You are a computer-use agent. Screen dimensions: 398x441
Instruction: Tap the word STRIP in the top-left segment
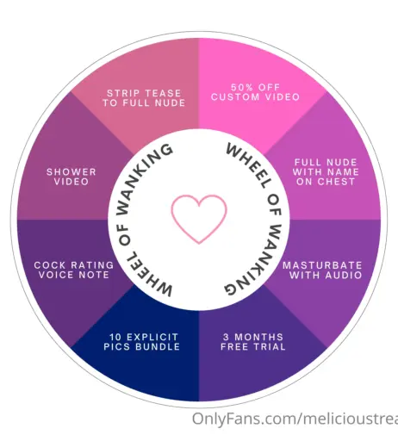click(119, 93)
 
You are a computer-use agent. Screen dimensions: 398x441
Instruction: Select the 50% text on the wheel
click(239, 87)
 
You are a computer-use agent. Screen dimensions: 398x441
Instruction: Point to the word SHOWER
click(72, 172)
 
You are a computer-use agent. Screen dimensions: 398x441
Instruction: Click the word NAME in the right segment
click(343, 172)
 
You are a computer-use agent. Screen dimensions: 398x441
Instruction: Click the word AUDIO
click(344, 276)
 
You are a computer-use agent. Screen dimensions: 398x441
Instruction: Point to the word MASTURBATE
click(322, 265)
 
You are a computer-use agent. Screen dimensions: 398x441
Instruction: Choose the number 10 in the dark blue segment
click(115, 337)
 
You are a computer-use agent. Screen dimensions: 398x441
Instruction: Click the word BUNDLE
click(158, 346)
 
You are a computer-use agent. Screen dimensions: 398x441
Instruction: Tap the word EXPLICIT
click(152, 337)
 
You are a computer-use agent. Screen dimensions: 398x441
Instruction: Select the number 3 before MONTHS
click(226, 337)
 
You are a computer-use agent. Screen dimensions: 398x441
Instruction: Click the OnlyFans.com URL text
click(295, 419)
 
